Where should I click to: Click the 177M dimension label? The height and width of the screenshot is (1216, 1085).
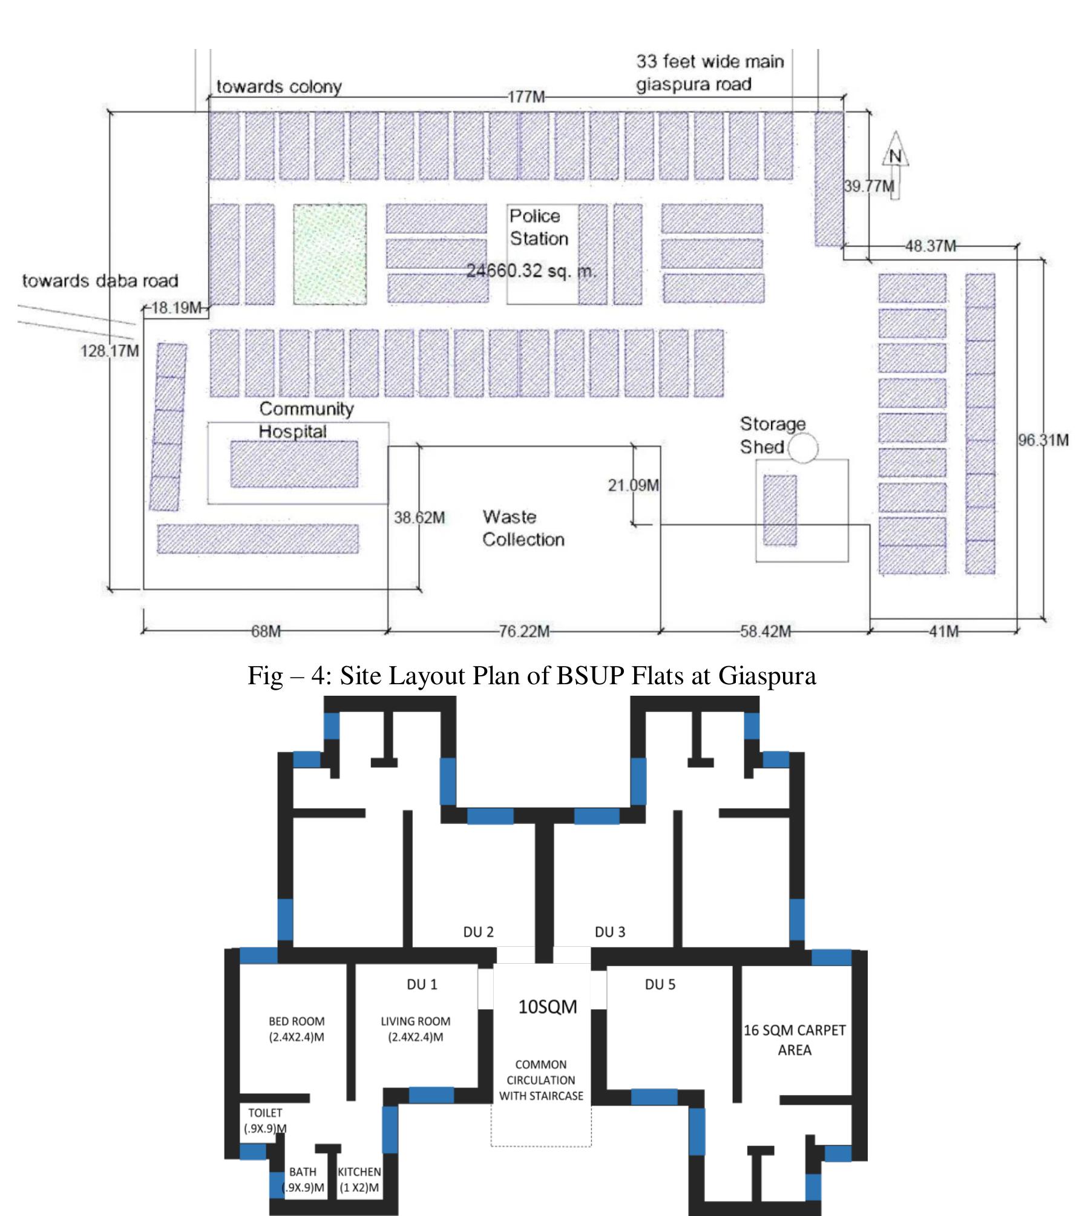[x=526, y=97]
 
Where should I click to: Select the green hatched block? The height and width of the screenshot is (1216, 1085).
[x=330, y=254]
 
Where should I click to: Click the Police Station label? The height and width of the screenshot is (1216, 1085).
[x=538, y=227]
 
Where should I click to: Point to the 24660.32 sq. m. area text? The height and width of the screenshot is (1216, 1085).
[x=531, y=270]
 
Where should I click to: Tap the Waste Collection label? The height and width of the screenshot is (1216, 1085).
[x=523, y=528]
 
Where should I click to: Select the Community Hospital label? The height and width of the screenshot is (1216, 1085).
[x=306, y=420]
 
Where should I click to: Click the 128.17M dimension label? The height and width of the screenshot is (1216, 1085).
[x=110, y=351]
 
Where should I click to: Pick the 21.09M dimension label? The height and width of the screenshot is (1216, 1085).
[x=634, y=485]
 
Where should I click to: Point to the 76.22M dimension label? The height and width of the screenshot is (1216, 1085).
[x=524, y=632]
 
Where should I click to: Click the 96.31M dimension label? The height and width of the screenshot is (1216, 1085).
[x=1043, y=440]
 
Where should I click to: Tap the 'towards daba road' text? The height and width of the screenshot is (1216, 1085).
[x=100, y=281]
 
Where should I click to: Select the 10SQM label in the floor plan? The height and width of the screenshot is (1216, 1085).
[x=547, y=1007]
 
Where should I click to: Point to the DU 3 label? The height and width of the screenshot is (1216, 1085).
[x=609, y=932]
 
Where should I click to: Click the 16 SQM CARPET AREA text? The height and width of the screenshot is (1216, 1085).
[x=794, y=1039]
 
